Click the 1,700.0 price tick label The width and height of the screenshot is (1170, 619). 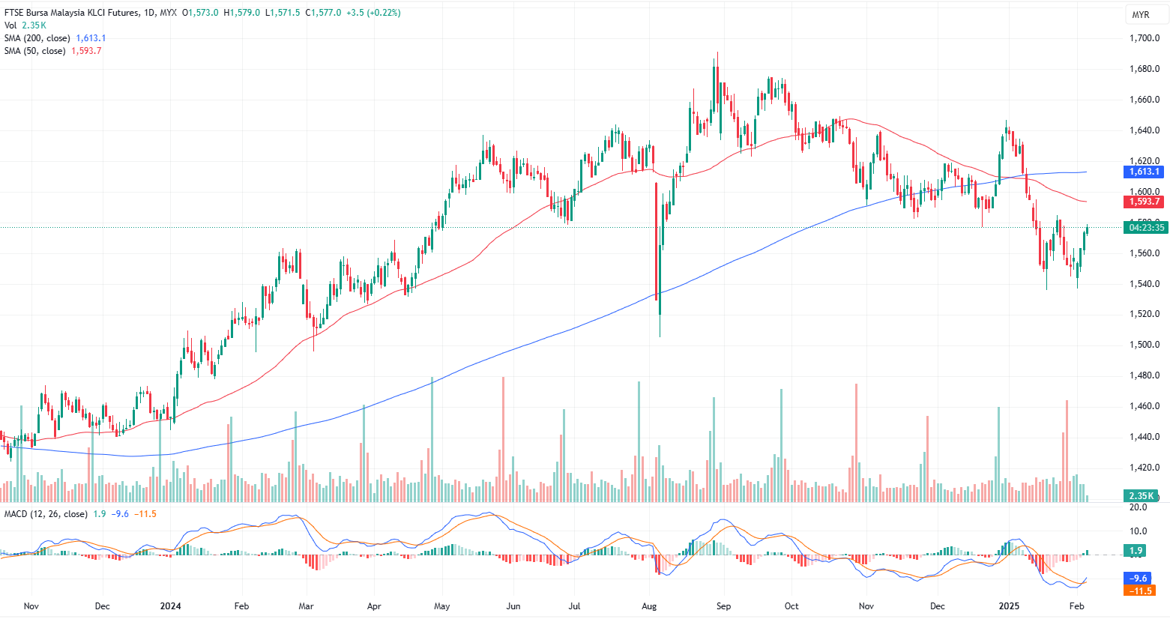click(x=1145, y=38)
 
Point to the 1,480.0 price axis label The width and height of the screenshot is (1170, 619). click(x=1145, y=375)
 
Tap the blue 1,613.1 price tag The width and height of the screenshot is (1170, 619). click(x=1145, y=172)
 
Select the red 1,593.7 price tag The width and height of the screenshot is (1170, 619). click(x=1145, y=202)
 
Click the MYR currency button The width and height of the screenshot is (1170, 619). click(x=1141, y=15)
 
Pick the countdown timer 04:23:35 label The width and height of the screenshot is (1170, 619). click(x=1147, y=228)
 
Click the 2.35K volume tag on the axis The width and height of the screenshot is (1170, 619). click(x=1142, y=496)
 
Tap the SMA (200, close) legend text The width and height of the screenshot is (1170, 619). click(x=37, y=38)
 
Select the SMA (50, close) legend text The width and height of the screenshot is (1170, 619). click(x=35, y=51)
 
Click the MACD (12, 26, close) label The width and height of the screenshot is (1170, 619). click(x=46, y=514)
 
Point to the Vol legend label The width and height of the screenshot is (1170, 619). click(x=10, y=25)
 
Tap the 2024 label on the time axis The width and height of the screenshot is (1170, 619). click(x=171, y=606)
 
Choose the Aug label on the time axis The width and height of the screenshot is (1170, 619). click(x=650, y=606)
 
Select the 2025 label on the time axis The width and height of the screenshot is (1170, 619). click(x=1009, y=606)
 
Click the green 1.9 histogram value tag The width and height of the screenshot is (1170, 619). click(x=1136, y=551)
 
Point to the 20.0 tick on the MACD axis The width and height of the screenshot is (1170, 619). click(x=1139, y=507)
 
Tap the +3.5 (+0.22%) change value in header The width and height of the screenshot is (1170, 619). click(x=373, y=13)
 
